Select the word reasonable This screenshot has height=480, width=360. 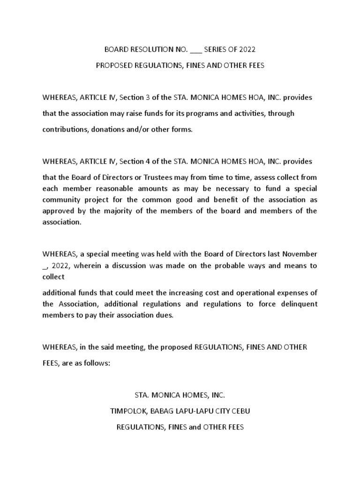tap(119, 188)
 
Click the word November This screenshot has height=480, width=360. tap(300, 254)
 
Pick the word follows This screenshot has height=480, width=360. tap(97, 363)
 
